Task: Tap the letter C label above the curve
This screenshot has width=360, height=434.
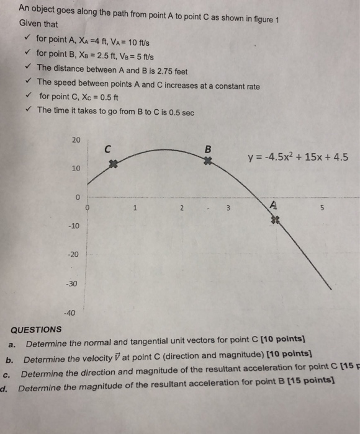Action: [107, 149]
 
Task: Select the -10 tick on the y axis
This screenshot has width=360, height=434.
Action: [74, 226]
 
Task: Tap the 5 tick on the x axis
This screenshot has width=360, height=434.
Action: [322, 208]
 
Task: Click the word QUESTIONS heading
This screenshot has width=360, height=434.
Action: [37, 329]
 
